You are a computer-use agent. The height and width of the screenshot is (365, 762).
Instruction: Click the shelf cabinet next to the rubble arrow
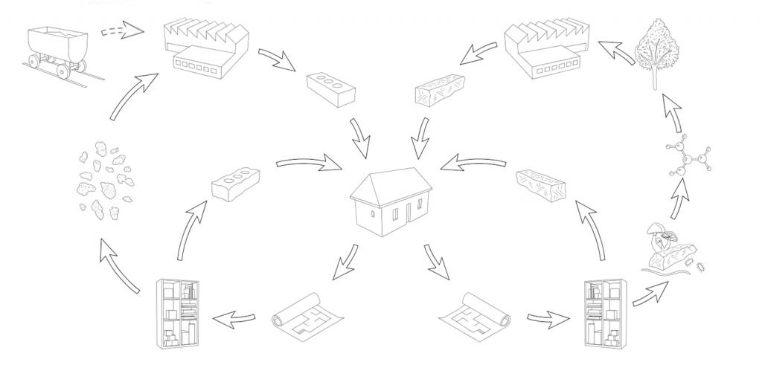(178, 313)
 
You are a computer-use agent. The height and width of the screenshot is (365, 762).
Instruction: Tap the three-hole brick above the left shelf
(235, 181)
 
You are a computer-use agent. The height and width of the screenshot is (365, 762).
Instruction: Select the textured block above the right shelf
(543, 181)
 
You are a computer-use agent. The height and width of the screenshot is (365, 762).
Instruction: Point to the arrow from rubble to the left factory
(133, 95)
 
